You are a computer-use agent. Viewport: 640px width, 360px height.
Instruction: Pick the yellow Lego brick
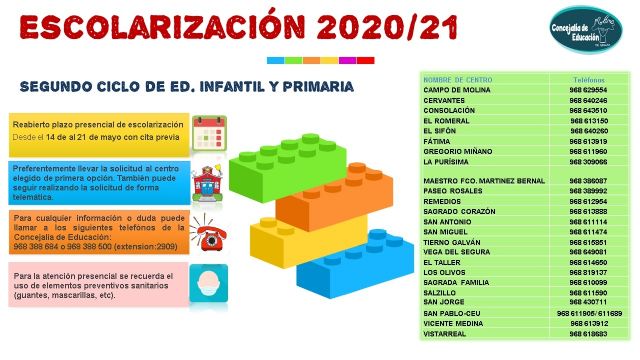283,245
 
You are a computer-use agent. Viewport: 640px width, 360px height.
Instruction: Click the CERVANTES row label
447,100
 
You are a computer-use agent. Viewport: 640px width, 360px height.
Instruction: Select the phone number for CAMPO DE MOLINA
589,89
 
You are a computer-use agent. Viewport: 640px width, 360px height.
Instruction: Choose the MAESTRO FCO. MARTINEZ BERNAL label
484,181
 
